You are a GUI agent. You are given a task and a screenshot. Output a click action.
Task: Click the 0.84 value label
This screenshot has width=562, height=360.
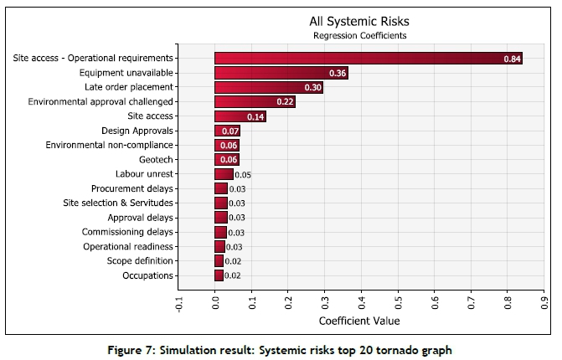pyautogui.click(x=513, y=59)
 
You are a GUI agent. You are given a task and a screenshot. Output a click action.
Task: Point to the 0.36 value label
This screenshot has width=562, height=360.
pyautogui.click(x=338, y=73)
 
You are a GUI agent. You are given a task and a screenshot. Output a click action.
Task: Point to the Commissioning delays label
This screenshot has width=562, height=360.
pyautogui.click(x=127, y=232)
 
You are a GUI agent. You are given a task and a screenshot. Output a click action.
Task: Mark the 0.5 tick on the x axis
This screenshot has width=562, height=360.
pyautogui.click(x=399, y=301)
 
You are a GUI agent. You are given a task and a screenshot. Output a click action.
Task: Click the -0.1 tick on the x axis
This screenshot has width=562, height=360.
pyautogui.click(x=179, y=301)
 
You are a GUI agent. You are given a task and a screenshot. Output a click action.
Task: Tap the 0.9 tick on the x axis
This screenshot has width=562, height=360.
pyautogui.click(x=545, y=301)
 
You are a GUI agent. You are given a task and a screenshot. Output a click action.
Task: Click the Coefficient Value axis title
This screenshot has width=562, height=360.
pyautogui.click(x=359, y=320)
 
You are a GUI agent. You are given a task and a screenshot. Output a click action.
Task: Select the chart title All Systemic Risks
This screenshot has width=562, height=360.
pyautogui.click(x=359, y=21)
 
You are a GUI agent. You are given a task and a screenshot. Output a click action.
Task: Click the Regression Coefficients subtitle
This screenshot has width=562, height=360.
pyautogui.click(x=359, y=36)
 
